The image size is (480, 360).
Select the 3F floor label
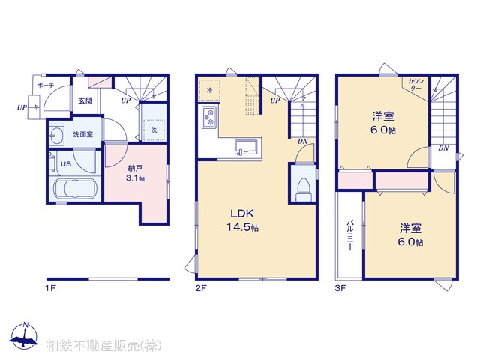[340, 286]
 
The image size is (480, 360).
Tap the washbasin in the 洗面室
[57, 135]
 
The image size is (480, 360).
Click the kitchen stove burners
[208, 117]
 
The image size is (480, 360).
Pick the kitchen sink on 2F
[245, 145]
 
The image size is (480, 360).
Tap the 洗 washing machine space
[154, 129]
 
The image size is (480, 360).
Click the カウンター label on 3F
[415, 84]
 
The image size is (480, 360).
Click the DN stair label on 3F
[443, 148]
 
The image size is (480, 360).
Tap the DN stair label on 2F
[302, 141]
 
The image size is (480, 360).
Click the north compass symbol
[25, 337]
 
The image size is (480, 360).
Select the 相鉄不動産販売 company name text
[103, 346]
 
